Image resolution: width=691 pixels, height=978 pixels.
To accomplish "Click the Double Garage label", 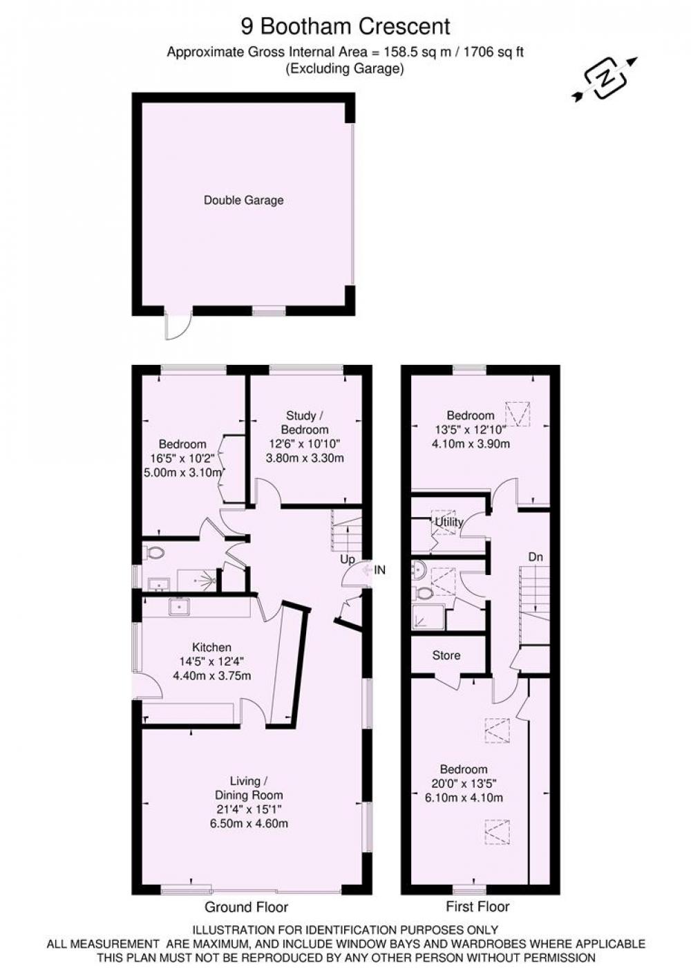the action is pyautogui.click(x=243, y=200).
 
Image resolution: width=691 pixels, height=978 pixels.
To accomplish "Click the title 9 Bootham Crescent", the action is pyautogui.click(x=345, y=26).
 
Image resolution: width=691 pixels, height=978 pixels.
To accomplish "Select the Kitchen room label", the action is pyautogui.click(x=211, y=647).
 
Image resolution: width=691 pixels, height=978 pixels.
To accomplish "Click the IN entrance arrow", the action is pyautogui.click(x=374, y=570).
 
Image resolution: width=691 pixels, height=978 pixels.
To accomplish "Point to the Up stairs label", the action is pyautogui.click(x=348, y=559).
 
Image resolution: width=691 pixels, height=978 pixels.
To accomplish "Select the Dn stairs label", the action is pyautogui.click(x=535, y=557).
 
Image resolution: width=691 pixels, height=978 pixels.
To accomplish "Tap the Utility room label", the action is pyautogui.click(x=448, y=522).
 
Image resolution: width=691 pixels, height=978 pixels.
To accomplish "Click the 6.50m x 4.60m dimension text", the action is pyautogui.click(x=248, y=824).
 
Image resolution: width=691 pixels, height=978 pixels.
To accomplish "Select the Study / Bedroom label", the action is pyautogui.click(x=305, y=422).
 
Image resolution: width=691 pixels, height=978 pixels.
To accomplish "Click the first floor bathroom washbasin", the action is pyautogui.click(x=418, y=570).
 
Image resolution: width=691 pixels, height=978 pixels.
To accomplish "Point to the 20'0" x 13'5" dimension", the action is pyautogui.click(x=464, y=783).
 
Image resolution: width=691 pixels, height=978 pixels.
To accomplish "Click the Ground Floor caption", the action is pyautogui.click(x=247, y=908).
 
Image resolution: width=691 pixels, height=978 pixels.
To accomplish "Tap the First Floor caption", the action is pyautogui.click(x=477, y=907).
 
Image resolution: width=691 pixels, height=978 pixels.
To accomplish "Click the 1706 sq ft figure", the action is pyautogui.click(x=493, y=53).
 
